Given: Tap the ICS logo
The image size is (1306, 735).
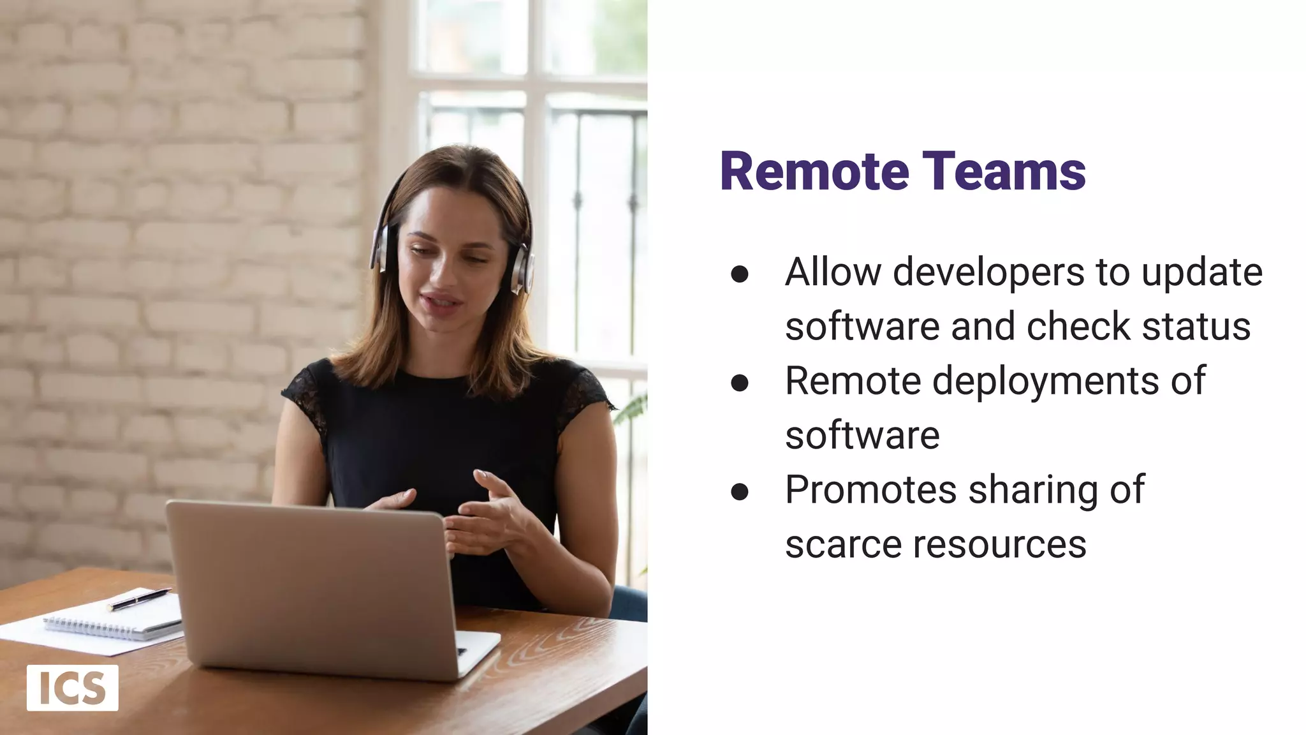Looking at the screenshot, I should pos(72,688).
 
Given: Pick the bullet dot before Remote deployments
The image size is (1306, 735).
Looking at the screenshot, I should pos(740,383).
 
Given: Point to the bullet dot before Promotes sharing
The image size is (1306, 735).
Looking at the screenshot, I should pos(740,491).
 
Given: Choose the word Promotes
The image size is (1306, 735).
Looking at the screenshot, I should pos(871,490).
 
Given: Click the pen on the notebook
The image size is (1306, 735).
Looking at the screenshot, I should pos(139,599).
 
